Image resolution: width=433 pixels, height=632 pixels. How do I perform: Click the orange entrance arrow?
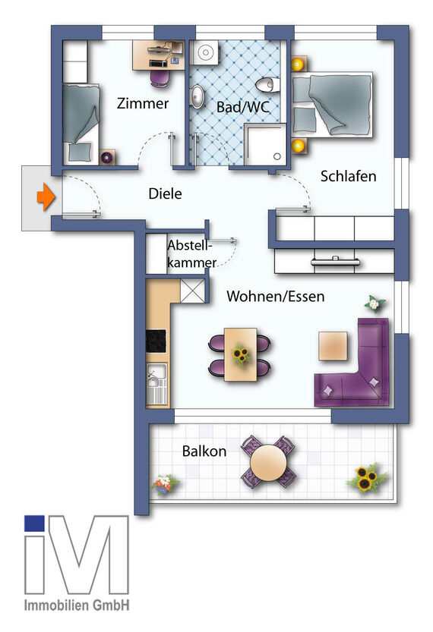(x=46, y=199)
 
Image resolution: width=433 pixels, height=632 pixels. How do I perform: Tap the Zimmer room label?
(x=143, y=104)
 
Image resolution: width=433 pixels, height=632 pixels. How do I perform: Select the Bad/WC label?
(x=239, y=106)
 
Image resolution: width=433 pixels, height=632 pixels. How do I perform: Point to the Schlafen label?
(x=349, y=176)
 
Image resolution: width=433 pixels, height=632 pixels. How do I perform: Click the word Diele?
(x=165, y=193)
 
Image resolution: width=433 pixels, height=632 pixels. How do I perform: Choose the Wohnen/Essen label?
(x=275, y=297)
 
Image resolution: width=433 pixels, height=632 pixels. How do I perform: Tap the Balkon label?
(x=204, y=451)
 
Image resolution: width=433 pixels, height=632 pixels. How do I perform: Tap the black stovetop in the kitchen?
(x=156, y=341)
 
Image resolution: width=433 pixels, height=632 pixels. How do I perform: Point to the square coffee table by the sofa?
(x=333, y=347)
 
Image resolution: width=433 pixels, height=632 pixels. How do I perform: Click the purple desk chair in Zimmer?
(x=159, y=77)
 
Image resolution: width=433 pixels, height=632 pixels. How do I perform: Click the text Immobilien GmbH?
(x=76, y=605)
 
